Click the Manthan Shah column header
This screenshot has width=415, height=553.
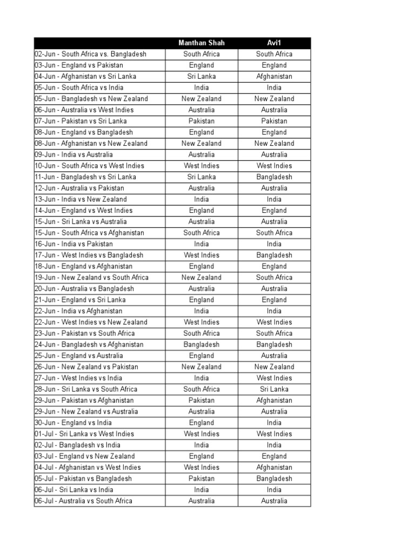pyautogui.click(x=202, y=43)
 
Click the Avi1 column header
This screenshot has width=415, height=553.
pyautogui.click(x=274, y=43)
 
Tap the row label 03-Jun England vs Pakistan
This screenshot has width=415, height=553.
pyautogui.click(x=78, y=65)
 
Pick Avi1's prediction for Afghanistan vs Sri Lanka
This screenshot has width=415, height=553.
pyautogui.click(x=274, y=77)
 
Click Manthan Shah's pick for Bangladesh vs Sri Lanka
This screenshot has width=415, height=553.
pyautogui.click(x=202, y=177)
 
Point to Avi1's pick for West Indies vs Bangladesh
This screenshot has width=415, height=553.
pyautogui.click(x=274, y=255)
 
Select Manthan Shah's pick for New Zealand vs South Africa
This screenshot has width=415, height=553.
pyautogui.click(x=202, y=278)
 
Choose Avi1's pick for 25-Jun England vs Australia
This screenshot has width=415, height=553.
pyautogui.click(x=274, y=356)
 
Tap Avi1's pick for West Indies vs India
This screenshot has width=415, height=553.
pyautogui.click(x=274, y=378)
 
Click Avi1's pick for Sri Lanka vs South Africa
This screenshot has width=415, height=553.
pyautogui.click(x=274, y=389)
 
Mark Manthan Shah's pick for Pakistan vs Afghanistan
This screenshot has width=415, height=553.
pyautogui.click(x=202, y=401)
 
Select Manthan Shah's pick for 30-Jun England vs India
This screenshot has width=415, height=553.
pyautogui.click(x=202, y=423)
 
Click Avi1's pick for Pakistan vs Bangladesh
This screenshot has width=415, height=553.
pyautogui.click(x=274, y=478)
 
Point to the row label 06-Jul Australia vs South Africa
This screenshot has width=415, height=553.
pyautogui.click(x=83, y=501)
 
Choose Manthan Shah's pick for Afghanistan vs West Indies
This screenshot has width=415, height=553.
pyautogui.click(x=202, y=468)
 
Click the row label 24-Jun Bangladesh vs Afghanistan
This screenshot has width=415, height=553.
pyautogui.click(x=89, y=345)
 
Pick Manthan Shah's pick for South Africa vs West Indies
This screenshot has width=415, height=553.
pyautogui.click(x=202, y=166)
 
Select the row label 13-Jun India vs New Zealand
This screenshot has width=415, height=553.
pyautogui.click(x=81, y=199)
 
